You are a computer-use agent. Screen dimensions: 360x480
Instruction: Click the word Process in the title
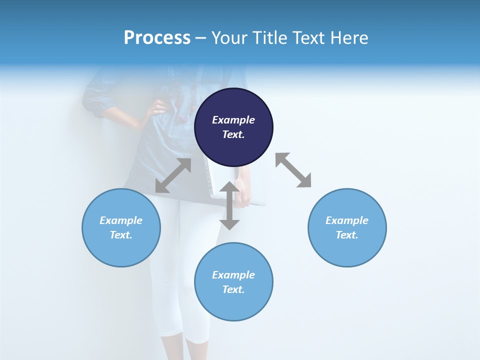click(157, 38)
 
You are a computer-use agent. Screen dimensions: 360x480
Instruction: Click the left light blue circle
click(121, 227)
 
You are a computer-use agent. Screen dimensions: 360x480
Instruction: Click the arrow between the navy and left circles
click(173, 175)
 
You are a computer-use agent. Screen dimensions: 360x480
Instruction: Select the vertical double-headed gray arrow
click(229, 205)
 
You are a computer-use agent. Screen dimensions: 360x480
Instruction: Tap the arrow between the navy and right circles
click(293, 170)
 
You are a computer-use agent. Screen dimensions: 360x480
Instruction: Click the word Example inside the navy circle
click(233, 120)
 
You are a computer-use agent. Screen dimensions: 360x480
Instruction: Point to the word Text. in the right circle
click(347, 235)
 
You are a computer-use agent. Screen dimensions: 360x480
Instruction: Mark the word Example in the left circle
click(121, 220)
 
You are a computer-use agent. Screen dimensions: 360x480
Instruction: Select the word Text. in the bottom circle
click(233, 289)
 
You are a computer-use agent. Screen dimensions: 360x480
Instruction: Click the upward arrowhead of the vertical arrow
click(229, 187)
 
